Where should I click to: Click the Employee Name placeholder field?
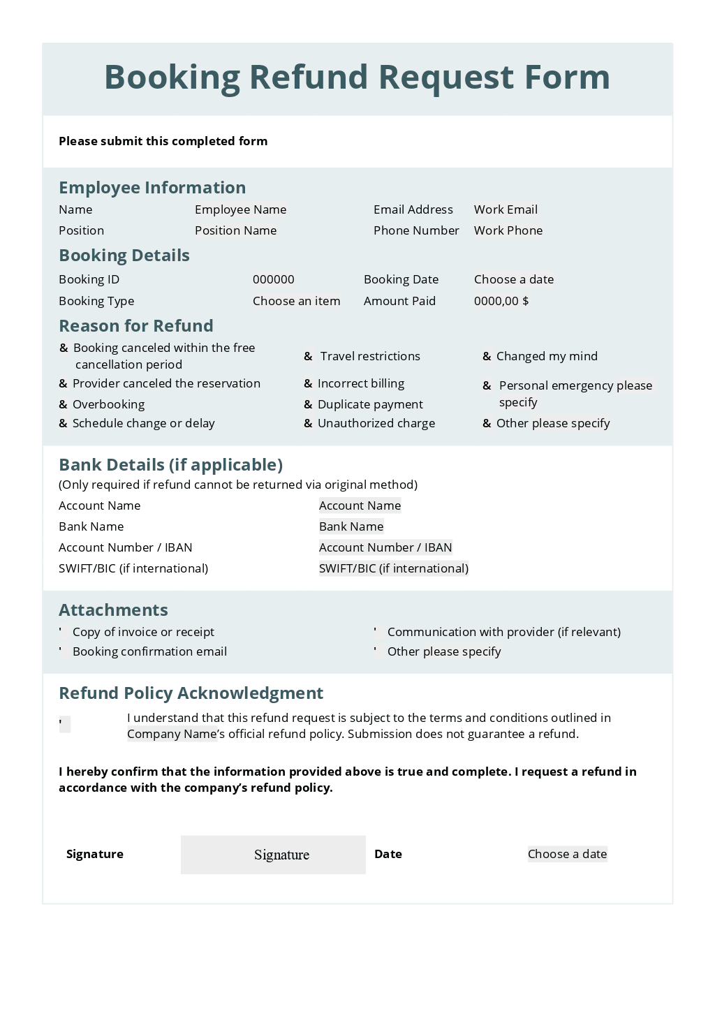coord(240,209)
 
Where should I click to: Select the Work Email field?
coord(506,209)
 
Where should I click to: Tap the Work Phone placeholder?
coord(508,230)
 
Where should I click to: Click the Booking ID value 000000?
coord(273,279)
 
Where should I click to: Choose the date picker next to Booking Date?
coord(513,279)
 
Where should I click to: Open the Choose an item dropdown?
coord(296,301)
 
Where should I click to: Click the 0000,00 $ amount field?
coord(501,301)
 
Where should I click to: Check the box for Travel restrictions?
coord(308,357)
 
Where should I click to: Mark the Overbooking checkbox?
coord(63,405)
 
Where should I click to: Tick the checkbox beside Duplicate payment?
coord(308,405)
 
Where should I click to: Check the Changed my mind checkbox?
coord(487,357)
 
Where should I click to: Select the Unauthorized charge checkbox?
coord(308,424)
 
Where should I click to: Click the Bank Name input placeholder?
coord(351,526)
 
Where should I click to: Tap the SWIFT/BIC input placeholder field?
coord(393,568)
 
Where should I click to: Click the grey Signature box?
coord(273,855)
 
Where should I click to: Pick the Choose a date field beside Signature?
coord(567,854)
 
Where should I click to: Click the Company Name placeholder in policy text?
coord(171,734)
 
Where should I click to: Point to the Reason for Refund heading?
coord(136,326)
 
